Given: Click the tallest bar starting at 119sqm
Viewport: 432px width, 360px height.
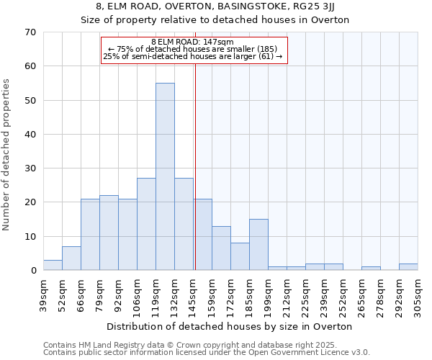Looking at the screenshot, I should tap(165, 176).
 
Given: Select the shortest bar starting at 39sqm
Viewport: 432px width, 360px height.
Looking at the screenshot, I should tap(53, 265).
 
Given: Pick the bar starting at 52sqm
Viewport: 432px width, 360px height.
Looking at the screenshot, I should tap(71, 258).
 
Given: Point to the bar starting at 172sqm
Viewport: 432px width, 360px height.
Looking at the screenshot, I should tap(240, 256).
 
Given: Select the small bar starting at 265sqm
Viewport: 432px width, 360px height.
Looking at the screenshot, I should tap(371, 269).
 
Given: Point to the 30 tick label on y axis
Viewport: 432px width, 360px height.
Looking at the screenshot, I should tap(30, 168).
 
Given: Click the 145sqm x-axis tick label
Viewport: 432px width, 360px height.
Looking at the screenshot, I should tap(193, 293).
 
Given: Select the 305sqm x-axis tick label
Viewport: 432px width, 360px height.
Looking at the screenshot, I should tap(418, 293).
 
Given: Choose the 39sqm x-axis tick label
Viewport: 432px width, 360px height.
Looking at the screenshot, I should tap(44, 292).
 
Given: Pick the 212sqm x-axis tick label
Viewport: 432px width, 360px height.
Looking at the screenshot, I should tap(287, 293).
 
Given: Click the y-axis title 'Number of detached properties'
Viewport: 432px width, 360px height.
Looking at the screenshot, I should tap(7, 155).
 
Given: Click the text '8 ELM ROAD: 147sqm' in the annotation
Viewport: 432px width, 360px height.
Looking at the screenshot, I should tap(193, 42).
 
